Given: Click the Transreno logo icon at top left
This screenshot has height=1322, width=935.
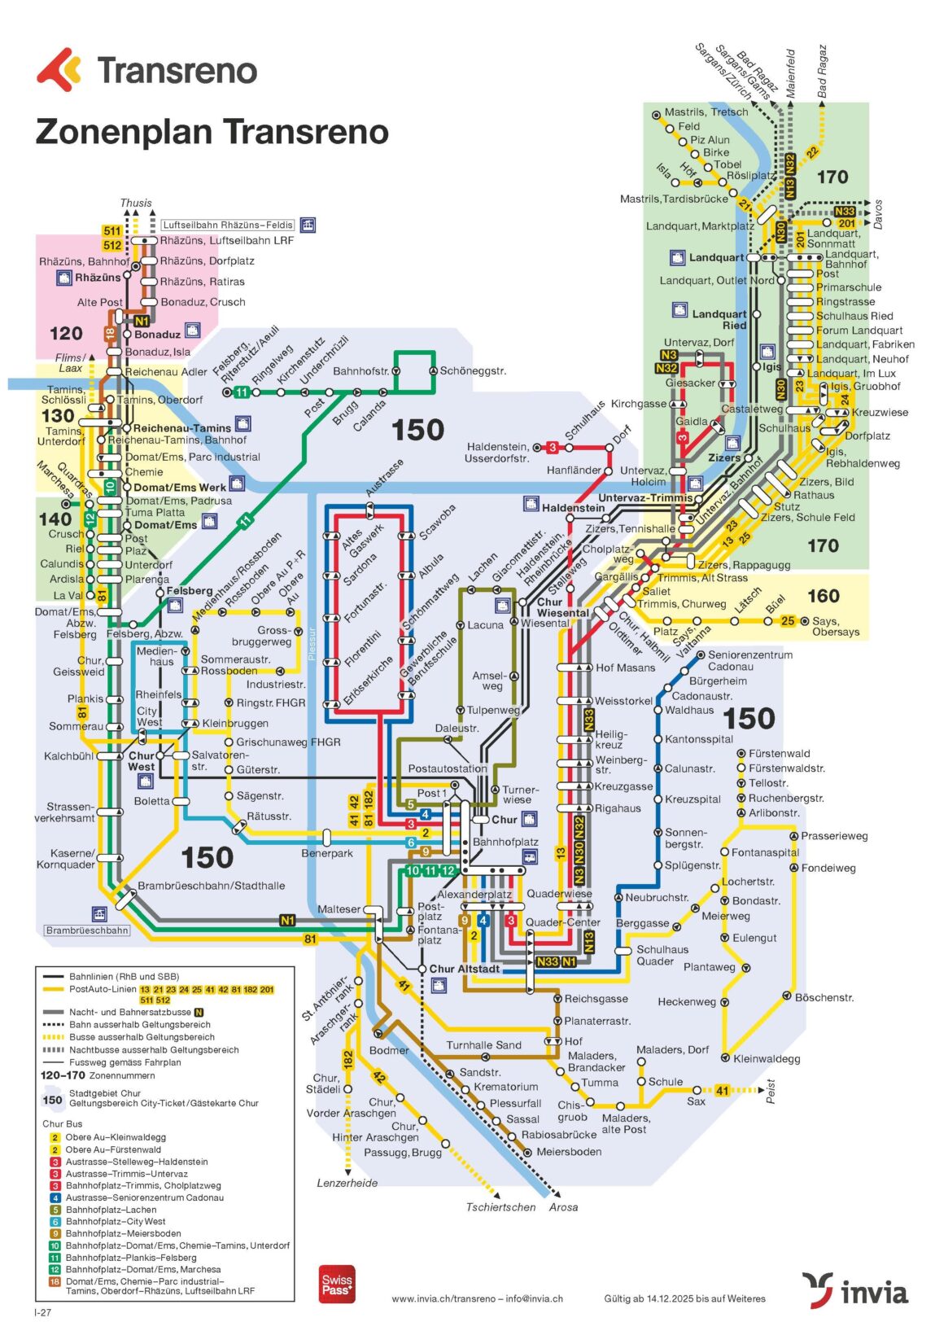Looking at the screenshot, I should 59,69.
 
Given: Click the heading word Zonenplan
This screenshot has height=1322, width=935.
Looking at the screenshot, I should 123,132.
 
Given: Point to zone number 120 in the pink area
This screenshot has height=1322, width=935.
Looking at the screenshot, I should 66,333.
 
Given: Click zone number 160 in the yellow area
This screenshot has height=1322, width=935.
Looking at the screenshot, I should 823,596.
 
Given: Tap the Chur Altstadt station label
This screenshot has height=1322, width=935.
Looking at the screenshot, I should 464,969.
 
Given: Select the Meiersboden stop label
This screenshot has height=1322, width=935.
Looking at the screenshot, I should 569,1152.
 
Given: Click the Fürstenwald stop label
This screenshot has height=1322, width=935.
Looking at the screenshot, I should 779,754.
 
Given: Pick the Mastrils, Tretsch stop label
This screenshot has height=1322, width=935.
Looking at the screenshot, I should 706,112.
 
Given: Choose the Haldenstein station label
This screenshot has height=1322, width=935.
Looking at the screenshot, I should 573,507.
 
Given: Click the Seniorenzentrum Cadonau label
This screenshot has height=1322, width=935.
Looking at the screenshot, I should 749,660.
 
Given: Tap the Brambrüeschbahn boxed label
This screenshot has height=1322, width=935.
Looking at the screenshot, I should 87,930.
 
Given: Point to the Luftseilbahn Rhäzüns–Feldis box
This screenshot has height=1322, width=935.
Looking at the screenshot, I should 227,225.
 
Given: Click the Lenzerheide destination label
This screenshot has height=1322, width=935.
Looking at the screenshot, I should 347,1183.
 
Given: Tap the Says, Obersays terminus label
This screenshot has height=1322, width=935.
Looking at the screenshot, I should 835,626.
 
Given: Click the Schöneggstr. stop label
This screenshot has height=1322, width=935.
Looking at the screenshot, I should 472,371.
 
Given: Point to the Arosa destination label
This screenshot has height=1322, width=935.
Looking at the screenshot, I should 563,1207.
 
